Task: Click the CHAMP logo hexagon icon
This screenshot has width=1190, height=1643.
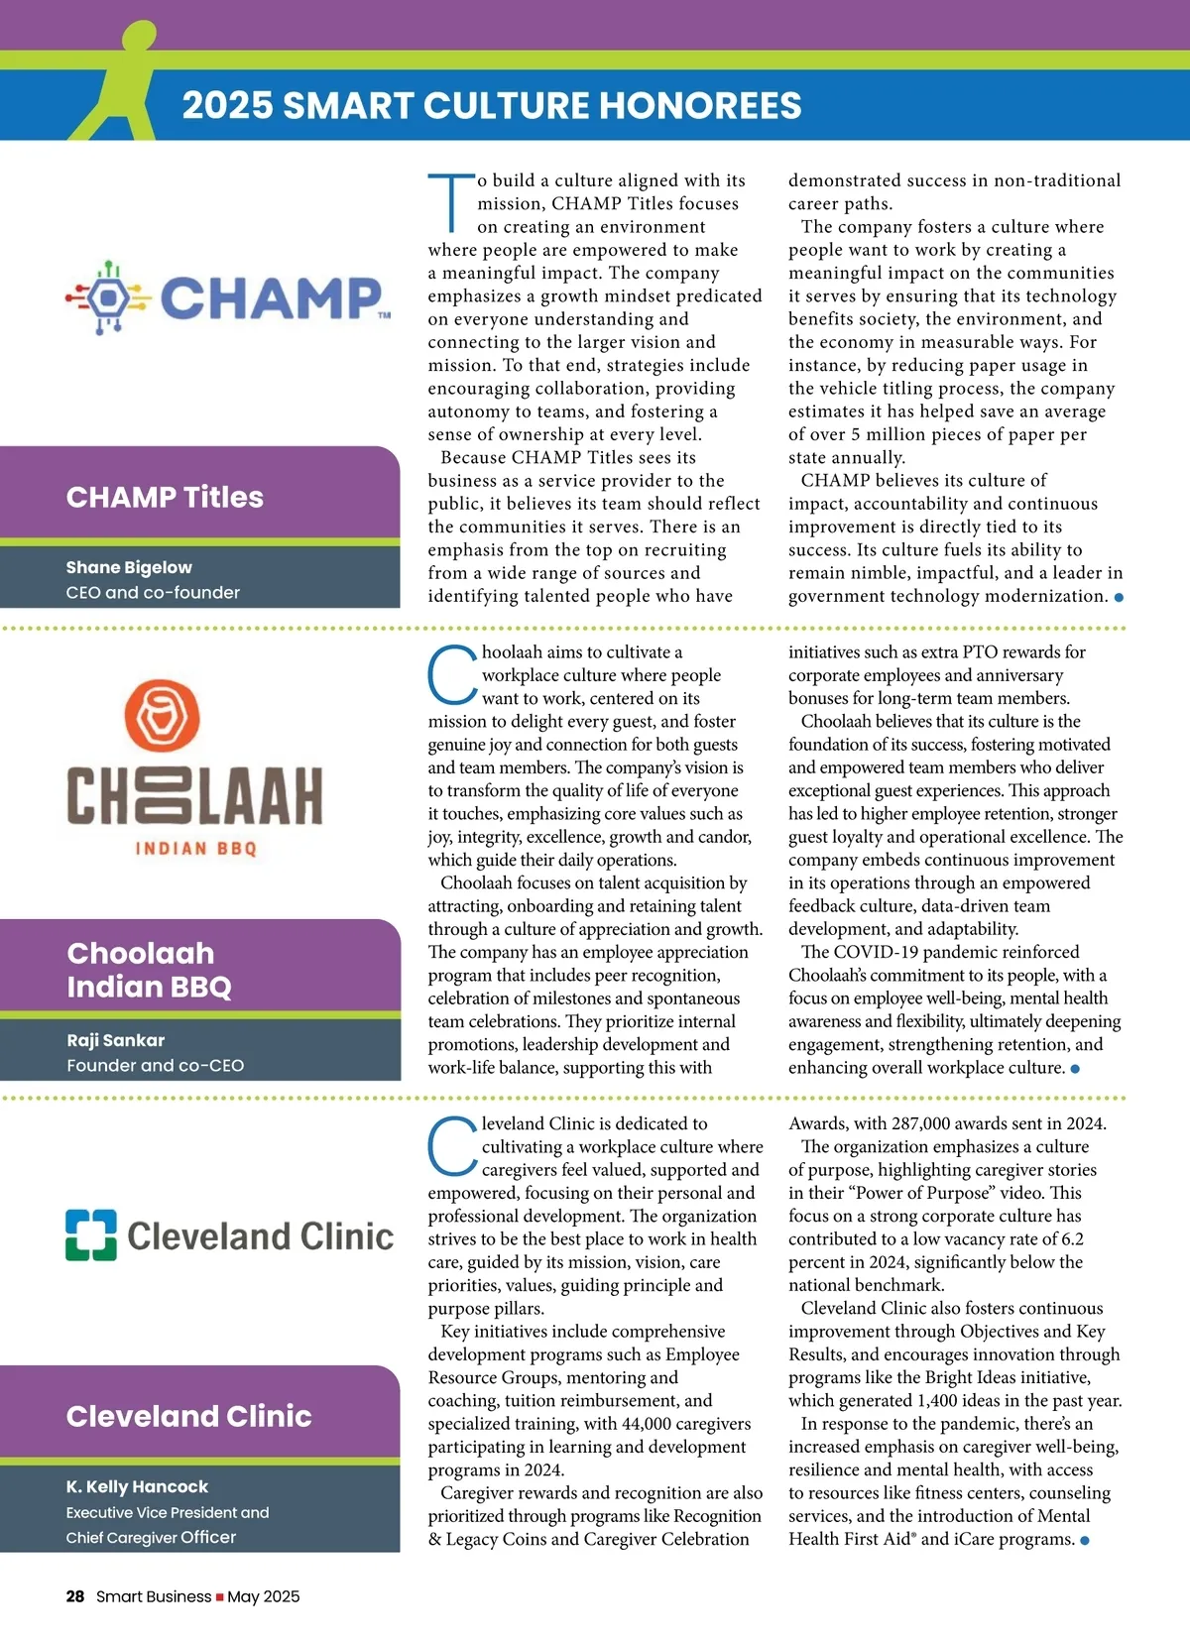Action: coord(107,296)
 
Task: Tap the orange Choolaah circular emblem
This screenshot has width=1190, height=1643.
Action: coord(162,716)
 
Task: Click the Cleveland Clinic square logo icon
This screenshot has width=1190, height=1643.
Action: coord(90,1234)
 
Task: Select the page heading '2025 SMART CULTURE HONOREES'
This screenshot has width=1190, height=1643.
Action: coord(492,105)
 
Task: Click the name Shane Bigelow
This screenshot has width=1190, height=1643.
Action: coord(129,567)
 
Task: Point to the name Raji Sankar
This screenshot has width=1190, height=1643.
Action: coord(116,1040)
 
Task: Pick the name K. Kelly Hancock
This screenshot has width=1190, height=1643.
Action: coord(137,1486)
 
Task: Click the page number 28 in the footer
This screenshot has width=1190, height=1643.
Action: coord(75,1596)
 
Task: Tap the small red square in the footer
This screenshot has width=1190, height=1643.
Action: coord(219,1597)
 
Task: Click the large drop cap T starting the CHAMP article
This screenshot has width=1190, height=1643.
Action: coord(451,203)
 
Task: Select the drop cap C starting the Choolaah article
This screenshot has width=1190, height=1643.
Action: coord(452,675)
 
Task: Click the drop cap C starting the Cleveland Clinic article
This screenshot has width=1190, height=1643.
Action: coord(452,1147)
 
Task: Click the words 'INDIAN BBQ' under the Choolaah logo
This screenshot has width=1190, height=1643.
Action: coord(196,849)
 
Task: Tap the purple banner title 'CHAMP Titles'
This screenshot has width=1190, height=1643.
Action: coord(165,497)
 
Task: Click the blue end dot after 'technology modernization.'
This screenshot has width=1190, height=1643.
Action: coord(1119,598)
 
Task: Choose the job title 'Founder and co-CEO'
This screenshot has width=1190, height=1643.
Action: coord(155,1065)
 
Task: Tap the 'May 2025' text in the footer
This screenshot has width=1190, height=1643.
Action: coord(263,1596)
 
